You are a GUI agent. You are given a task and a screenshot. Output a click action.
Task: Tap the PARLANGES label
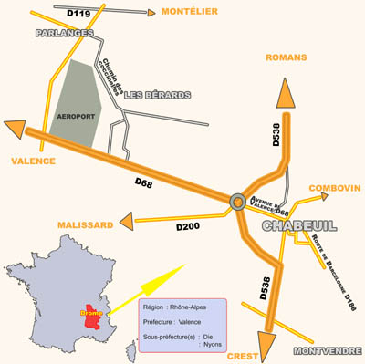tap(66, 33)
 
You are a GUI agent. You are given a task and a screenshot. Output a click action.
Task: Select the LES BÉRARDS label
tap(157, 95)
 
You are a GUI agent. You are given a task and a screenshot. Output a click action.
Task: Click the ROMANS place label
tap(287, 57)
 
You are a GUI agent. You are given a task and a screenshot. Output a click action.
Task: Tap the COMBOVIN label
tap(334, 188)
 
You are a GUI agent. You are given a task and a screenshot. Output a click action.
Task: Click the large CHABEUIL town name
tap(300, 226)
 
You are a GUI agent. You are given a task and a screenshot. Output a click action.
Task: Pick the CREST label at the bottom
tap(242, 357)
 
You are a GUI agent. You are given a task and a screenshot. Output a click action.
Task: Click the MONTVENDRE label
tap(327, 351)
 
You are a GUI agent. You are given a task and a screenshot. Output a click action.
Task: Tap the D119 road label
tap(79, 13)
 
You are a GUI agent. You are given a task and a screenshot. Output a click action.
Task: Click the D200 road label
tap(188, 224)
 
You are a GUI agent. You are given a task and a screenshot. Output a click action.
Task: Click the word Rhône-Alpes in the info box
tap(190, 307)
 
